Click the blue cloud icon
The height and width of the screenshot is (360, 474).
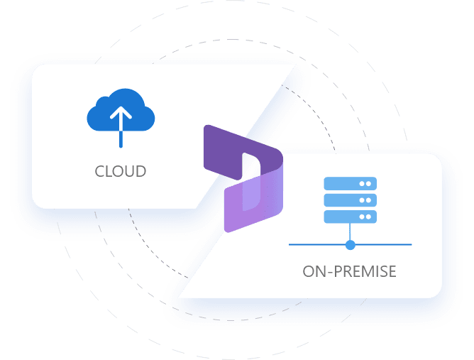121,113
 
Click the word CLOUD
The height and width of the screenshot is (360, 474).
121,171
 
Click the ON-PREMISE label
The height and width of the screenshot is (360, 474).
350,271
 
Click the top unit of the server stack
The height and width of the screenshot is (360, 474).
350,183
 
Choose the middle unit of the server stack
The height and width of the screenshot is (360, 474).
350,200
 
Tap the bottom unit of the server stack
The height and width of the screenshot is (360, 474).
350,216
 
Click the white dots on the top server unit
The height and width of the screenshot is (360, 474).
365,183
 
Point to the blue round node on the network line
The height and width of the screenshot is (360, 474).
350,245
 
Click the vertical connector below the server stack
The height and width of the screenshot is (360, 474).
350,231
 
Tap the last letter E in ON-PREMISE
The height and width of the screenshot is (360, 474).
392,271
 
